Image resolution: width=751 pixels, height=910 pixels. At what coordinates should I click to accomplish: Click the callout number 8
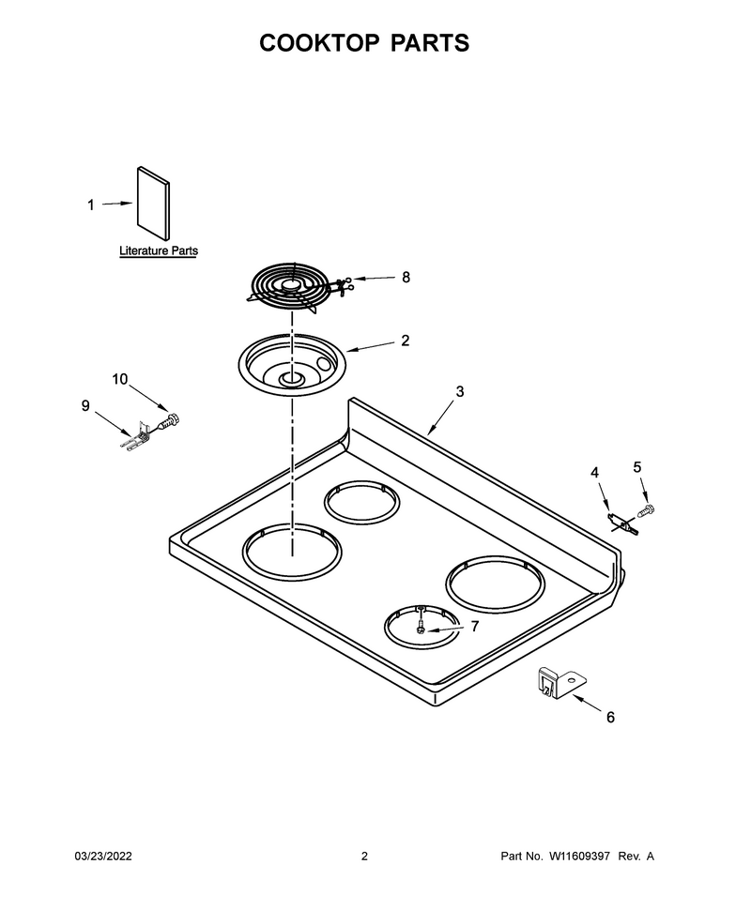[406, 278]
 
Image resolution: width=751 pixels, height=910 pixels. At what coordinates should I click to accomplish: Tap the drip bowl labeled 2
[292, 365]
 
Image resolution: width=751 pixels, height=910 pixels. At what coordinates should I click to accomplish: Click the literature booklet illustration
[154, 204]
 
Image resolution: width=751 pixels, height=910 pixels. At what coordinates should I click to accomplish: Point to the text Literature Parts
[159, 250]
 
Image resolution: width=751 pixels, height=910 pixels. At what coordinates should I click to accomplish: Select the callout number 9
[85, 405]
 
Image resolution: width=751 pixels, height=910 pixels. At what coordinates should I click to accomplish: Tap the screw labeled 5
[645, 511]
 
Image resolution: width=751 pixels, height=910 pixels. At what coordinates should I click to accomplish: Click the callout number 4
[594, 473]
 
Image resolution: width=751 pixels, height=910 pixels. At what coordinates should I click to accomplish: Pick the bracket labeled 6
[559, 682]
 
